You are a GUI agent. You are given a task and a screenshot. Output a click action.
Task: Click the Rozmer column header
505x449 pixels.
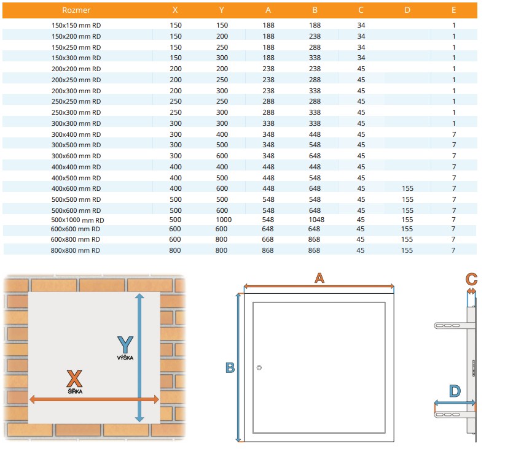click(76, 10)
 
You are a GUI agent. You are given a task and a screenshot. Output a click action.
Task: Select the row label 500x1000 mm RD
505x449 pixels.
click(77, 220)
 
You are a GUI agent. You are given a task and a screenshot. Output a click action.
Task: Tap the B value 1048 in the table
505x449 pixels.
click(316, 220)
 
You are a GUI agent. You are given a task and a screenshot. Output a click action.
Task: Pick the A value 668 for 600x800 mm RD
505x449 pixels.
click(268, 239)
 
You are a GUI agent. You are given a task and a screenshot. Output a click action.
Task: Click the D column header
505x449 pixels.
click(407, 10)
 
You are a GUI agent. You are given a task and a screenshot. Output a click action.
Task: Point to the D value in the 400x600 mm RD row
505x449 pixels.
click(407, 188)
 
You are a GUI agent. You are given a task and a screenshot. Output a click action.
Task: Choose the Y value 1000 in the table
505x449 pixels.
click(224, 220)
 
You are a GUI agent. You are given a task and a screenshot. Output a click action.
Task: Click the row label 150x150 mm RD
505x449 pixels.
click(76, 25)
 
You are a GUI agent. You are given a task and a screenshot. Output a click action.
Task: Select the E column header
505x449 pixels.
click(453, 10)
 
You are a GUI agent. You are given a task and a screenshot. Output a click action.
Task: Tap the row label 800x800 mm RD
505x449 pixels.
click(76, 250)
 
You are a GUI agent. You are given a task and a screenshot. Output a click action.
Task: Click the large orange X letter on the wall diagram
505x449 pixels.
click(74, 378)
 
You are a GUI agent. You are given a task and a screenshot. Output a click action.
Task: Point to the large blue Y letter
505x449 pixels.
click(125, 345)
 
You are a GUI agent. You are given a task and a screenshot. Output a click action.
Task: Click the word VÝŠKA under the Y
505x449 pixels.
click(125, 358)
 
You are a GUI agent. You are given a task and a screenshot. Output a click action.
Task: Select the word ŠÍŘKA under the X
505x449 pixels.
click(75, 391)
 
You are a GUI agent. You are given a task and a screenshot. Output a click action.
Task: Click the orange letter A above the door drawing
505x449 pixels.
click(319, 278)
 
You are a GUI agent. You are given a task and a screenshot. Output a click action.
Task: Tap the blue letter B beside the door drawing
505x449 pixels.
click(230, 367)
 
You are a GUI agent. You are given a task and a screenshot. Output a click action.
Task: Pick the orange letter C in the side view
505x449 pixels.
click(471, 279)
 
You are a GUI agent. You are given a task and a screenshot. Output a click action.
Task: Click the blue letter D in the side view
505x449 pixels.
click(455, 391)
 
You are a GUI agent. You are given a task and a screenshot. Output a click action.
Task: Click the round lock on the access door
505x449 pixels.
click(259, 367)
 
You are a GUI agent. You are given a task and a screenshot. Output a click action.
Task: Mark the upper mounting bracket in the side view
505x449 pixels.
click(454, 326)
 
